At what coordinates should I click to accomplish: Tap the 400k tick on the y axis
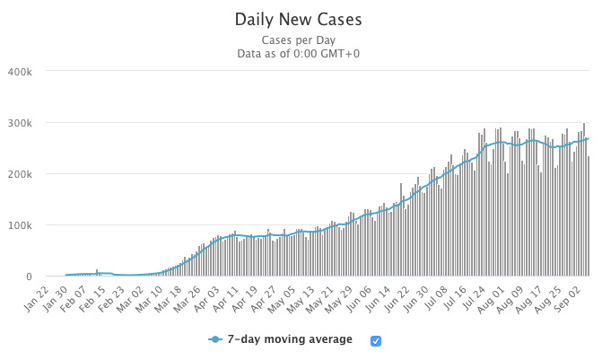pyautogui.click(x=20, y=72)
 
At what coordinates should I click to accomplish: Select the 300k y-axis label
pyautogui.click(x=20, y=123)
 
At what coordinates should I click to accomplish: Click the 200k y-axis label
pyautogui.click(x=20, y=174)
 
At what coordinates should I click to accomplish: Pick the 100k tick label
pyautogui.click(x=20, y=225)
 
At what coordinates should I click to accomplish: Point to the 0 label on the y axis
pyautogui.click(x=29, y=277)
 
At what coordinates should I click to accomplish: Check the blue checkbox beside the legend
pyautogui.click(x=376, y=340)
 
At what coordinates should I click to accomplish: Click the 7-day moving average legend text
pyautogui.click(x=290, y=340)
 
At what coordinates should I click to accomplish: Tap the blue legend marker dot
pyautogui.click(x=214, y=340)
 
